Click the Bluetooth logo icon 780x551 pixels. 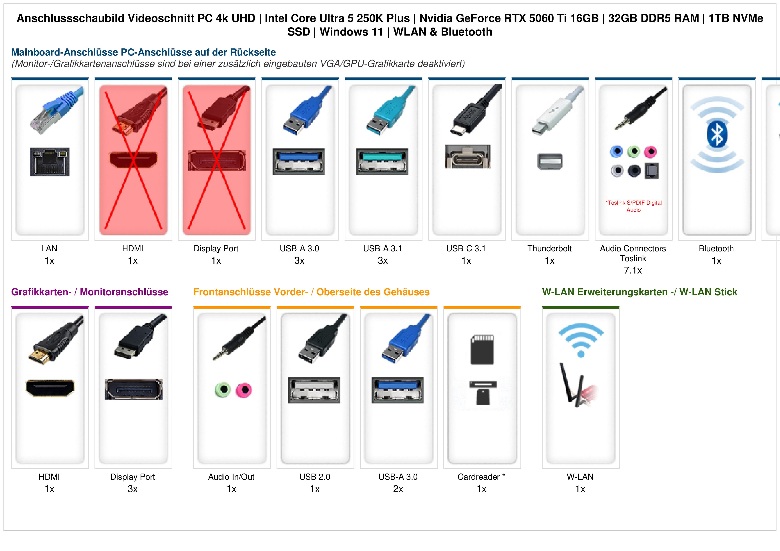[717, 135]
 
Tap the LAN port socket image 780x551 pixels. [50, 162]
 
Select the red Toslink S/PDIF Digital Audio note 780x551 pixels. [633, 206]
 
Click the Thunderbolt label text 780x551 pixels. [549, 249]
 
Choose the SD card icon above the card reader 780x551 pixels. [482, 350]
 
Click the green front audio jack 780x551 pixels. [223, 389]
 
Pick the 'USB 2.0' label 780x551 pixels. [315, 477]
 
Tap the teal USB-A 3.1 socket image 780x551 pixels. [382, 161]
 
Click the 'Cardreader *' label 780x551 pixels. [481, 477]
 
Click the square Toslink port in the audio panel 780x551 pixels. [651, 171]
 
